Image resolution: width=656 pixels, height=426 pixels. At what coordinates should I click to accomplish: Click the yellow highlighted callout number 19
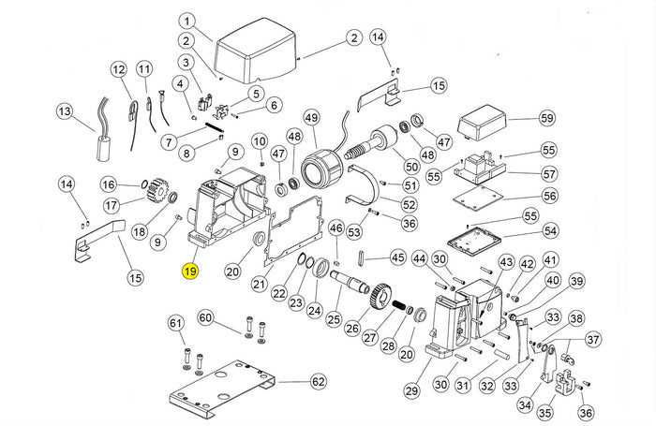pos(189,272)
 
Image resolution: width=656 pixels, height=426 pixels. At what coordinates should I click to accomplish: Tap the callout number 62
pos(319,381)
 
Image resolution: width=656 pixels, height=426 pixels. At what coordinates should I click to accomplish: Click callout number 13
pos(64,112)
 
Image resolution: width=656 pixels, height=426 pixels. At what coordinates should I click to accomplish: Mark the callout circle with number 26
pos(351,329)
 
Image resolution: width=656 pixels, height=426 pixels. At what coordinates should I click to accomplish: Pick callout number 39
pos(576,281)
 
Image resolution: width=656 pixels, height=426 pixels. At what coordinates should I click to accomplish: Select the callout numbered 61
pos(176,323)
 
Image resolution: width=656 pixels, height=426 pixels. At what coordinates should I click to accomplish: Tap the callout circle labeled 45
pos(397,257)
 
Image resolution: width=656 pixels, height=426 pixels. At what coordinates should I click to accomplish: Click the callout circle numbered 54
pos(550,230)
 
